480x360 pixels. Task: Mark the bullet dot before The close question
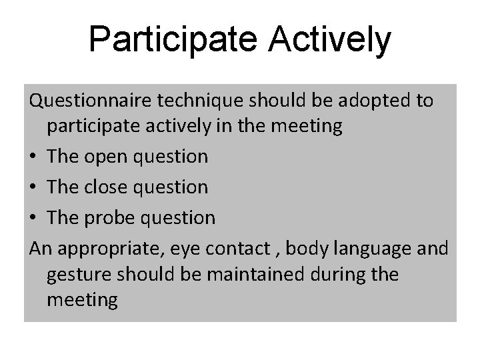[34, 187]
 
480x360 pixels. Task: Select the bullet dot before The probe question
[34, 217]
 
